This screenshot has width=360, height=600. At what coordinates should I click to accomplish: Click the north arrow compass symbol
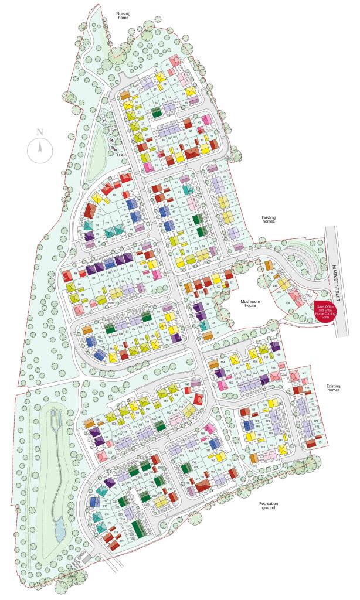(40, 149)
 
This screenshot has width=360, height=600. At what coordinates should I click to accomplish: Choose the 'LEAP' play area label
(121, 155)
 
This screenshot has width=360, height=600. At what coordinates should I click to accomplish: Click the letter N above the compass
(40, 132)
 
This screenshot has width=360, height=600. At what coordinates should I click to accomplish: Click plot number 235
(271, 273)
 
